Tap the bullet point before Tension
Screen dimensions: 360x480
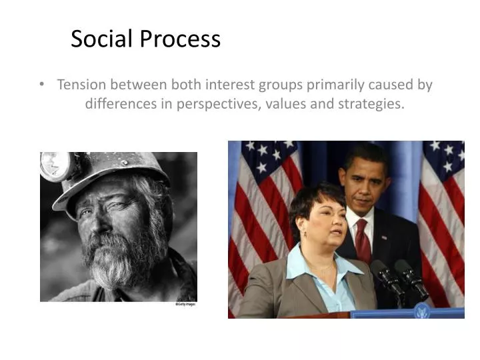coord(43,85)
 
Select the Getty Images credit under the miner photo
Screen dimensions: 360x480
coord(186,304)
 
